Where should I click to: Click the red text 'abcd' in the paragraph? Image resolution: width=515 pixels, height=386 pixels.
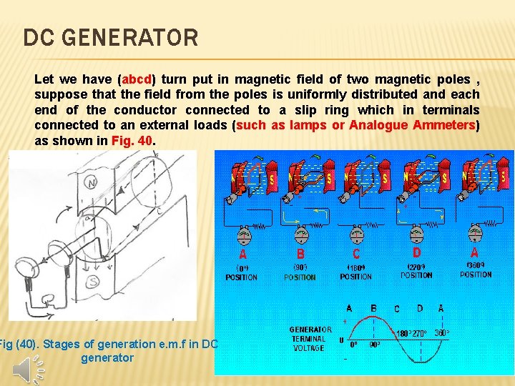tap(139, 79)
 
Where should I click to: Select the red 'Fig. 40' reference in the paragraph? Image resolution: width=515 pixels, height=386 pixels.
tap(132, 141)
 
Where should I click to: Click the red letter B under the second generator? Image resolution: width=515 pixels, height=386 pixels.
tap(300, 254)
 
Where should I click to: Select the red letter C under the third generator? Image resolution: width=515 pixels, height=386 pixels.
tap(356, 254)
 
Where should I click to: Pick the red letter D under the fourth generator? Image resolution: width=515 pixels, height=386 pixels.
tap(416, 252)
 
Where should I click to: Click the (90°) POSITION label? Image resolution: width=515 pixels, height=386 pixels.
tap(299, 273)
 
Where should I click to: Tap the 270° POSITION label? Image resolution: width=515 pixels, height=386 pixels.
tap(416, 272)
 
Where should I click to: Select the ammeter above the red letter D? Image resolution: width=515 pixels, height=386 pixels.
tap(416, 230)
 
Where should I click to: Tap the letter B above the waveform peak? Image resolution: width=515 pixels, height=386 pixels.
tap(373, 309)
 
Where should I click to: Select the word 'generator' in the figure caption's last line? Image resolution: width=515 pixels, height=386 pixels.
tap(107, 357)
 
